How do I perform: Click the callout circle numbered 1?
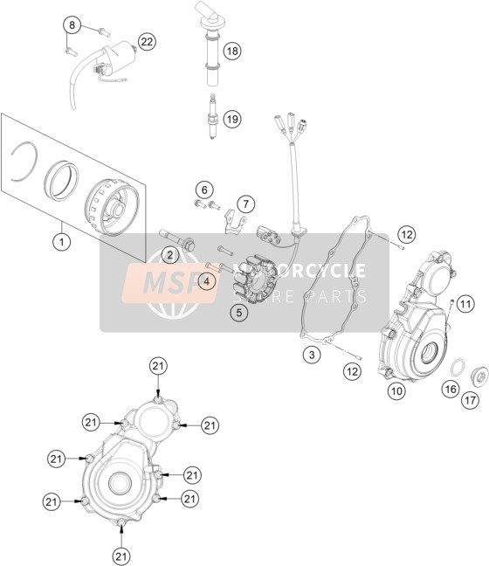[62, 241]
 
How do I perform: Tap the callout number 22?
[147, 42]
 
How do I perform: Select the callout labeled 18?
[232, 51]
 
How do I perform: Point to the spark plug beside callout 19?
[212, 116]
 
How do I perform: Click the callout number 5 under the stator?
[239, 313]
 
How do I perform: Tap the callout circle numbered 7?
[245, 204]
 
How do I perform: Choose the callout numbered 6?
[204, 190]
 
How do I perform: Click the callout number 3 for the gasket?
[312, 355]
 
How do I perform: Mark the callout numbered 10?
[396, 390]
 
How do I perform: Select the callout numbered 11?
[465, 304]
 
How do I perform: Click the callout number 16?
[451, 390]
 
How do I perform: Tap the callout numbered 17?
[471, 400]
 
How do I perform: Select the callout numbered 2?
[170, 256]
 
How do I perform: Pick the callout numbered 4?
[206, 281]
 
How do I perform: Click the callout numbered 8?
[72, 25]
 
